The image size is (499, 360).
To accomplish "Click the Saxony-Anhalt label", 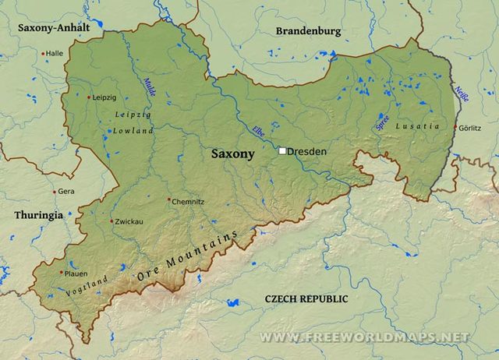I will (x=54, y=27).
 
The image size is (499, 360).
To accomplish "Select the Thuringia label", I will (x=38, y=215).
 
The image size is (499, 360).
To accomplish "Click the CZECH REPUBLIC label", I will (x=306, y=298).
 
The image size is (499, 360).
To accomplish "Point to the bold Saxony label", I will (x=232, y=154).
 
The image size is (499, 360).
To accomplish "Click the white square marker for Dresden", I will (x=282, y=151).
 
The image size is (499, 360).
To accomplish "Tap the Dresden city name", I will (x=306, y=151).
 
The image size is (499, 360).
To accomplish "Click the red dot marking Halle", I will (x=43, y=53).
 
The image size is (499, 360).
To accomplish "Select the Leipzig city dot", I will (x=89, y=97).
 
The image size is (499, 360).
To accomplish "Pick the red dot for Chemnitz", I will (x=168, y=200).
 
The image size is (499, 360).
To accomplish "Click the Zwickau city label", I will (x=129, y=221).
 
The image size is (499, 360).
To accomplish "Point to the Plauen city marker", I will (x=62, y=273).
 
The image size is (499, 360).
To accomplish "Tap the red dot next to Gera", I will (x=55, y=191).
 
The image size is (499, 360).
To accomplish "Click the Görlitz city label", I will (x=470, y=127).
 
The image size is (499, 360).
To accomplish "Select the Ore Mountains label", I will (x=186, y=256).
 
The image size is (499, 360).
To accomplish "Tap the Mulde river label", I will (x=149, y=86).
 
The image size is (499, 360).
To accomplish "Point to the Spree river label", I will (x=382, y=122).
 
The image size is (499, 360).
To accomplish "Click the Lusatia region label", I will (x=412, y=125).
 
